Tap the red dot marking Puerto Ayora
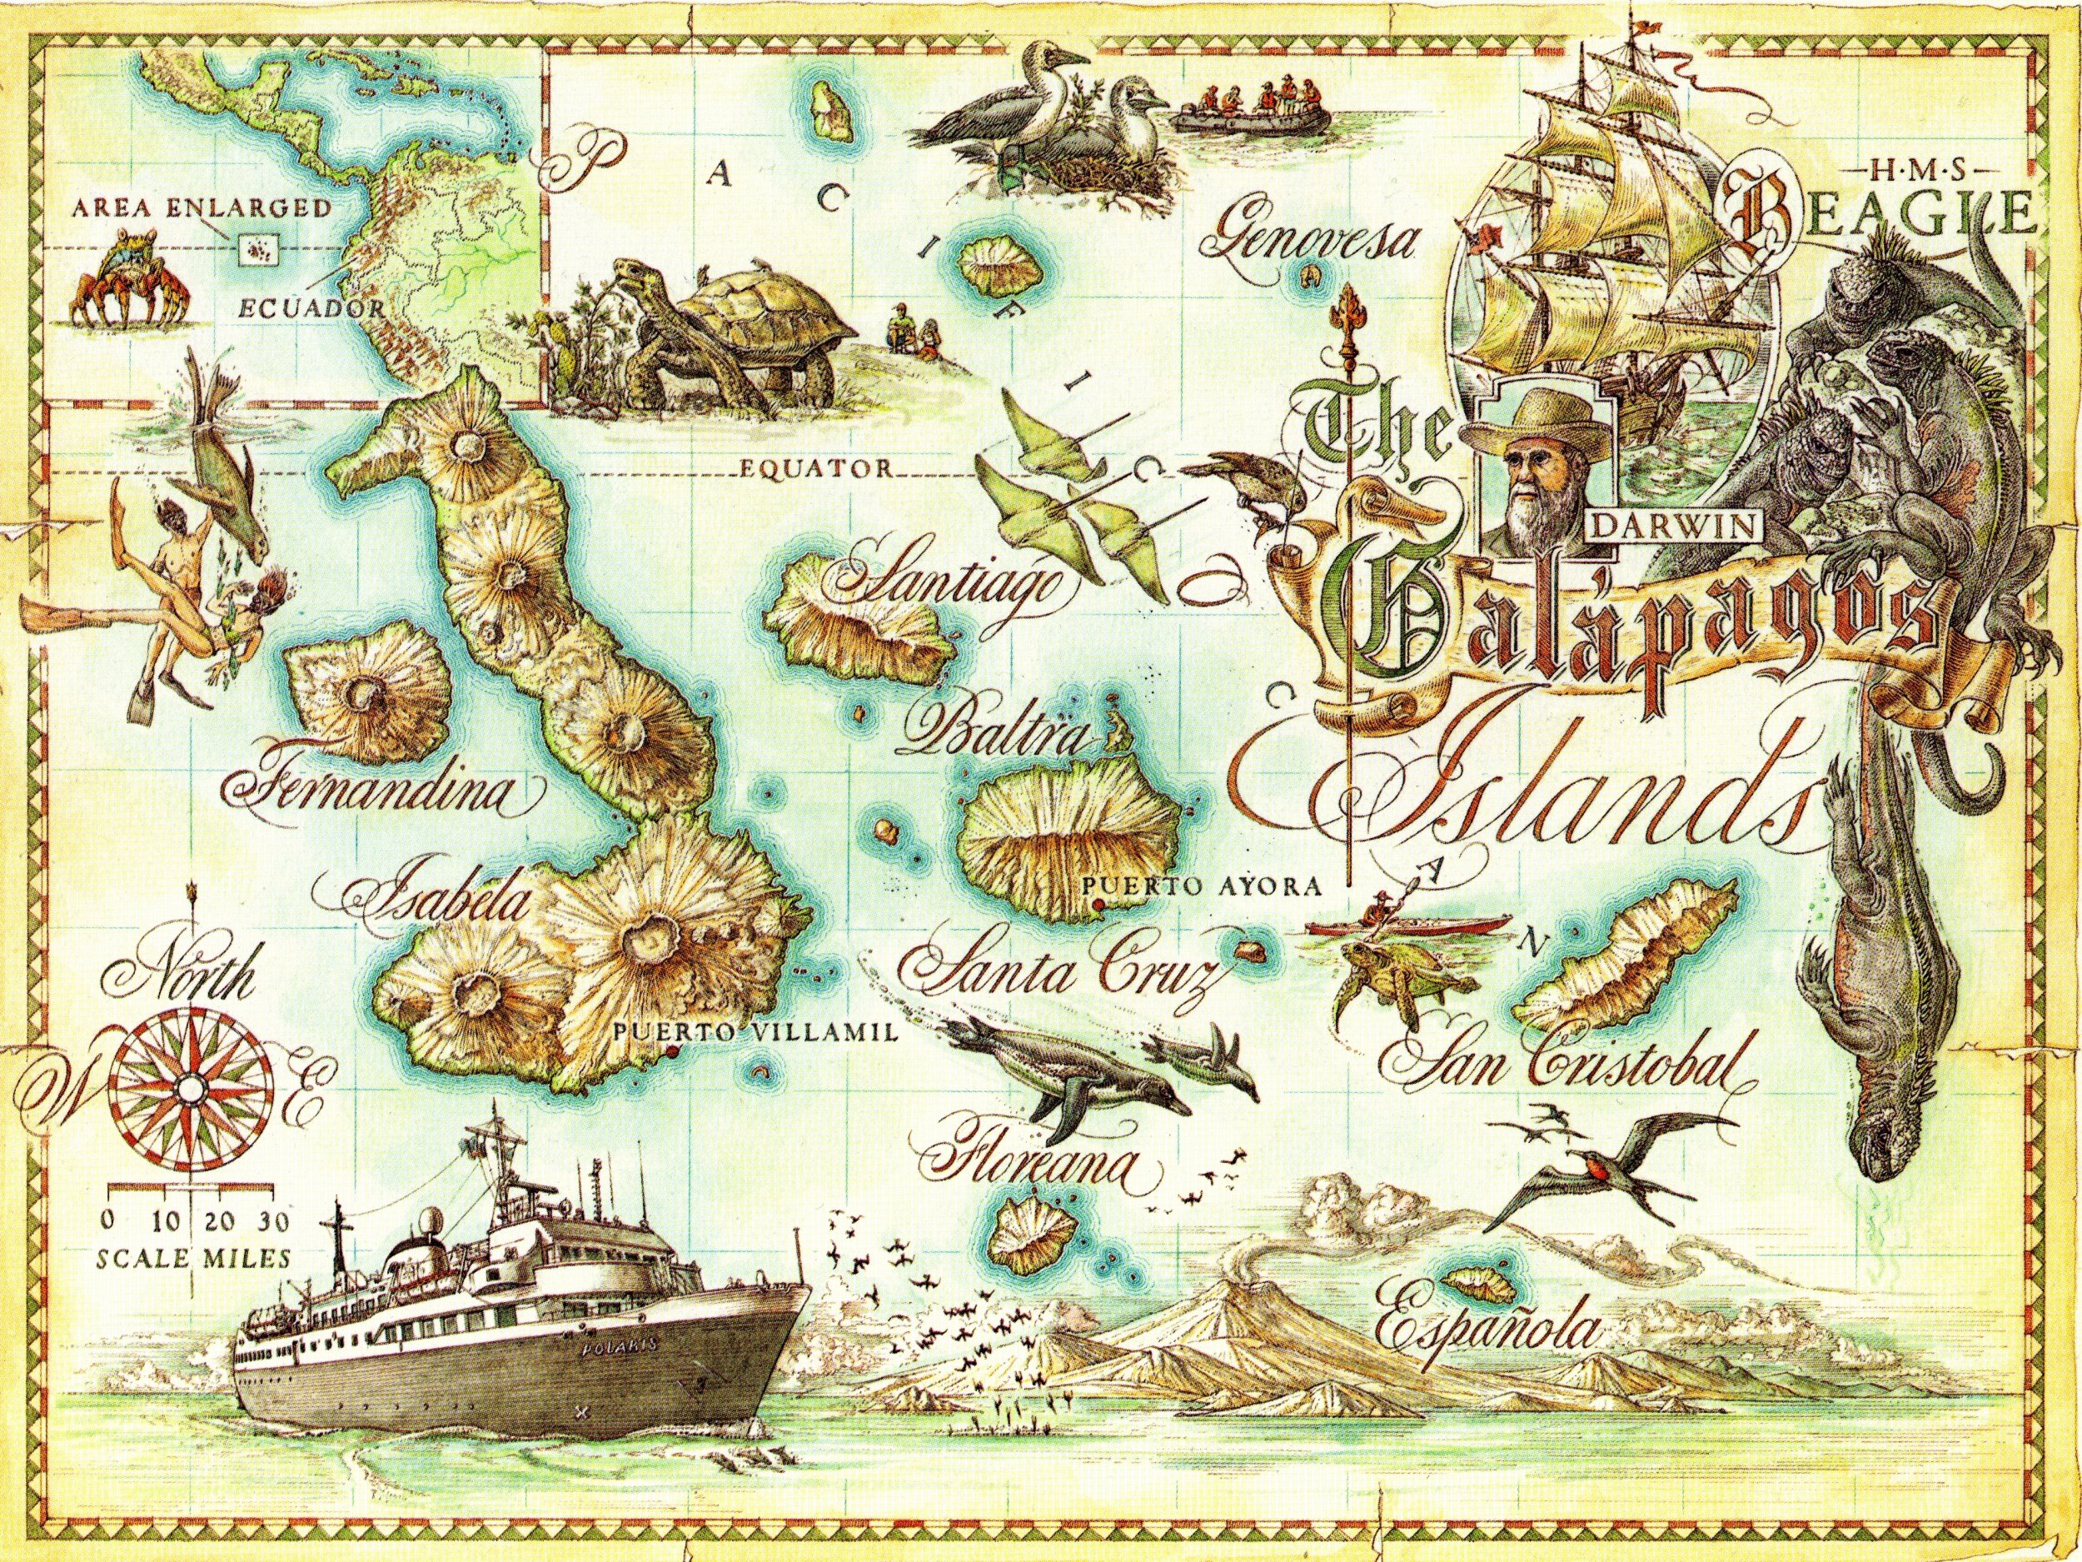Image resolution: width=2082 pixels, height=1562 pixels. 1097,906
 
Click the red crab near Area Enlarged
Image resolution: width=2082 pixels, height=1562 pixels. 125,274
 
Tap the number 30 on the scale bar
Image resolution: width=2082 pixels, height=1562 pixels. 274,1222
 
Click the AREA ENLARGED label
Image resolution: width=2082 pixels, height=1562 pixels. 202,208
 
